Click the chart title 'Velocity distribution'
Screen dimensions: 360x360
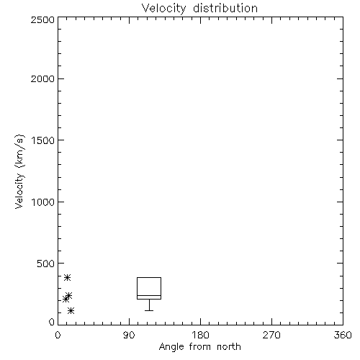click(x=199, y=9)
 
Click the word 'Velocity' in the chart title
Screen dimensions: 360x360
click(x=163, y=9)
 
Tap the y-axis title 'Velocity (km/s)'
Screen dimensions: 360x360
click(x=19, y=171)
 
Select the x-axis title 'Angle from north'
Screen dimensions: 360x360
click(x=199, y=347)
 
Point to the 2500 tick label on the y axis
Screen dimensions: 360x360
click(x=42, y=19)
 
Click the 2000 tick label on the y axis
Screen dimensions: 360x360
click(x=42, y=78)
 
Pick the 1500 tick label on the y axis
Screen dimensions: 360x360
click(x=43, y=140)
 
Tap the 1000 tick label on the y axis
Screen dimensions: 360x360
click(x=43, y=202)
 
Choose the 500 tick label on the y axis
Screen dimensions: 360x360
click(x=46, y=264)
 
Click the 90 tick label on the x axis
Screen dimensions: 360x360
click(x=129, y=335)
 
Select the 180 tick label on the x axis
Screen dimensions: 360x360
click(x=200, y=335)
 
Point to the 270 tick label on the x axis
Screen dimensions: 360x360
click(x=271, y=335)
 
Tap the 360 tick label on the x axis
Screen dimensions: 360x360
click(x=343, y=335)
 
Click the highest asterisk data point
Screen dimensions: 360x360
click(x=67, y=278)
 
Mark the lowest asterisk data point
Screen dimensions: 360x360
click(x=71, y=311)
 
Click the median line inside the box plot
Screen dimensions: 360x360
click(x=149, y=296)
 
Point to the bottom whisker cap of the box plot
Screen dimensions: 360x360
click(x=149, y=310)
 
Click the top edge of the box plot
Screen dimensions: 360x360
click(x=149, y=278)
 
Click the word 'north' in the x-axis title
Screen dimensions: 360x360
click(x=229, y=347)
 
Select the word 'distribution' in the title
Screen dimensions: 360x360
click(x=225, y=9)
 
